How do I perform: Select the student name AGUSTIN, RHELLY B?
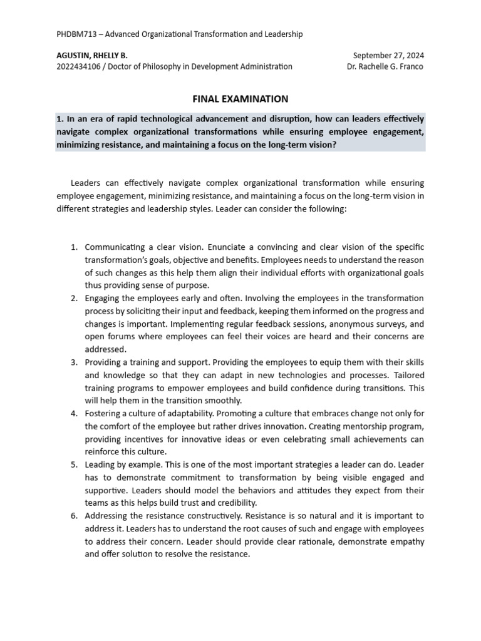(91, 56)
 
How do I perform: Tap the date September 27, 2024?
(388, 56)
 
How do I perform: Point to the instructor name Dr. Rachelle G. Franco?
(385, 67)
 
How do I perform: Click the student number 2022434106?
(81, 67)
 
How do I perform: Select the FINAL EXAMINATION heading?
(240, 99)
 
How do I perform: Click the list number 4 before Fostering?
(74, 414)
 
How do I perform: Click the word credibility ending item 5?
(235, 503)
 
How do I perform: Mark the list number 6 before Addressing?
(74, 516)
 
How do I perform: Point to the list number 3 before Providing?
(74, 362)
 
